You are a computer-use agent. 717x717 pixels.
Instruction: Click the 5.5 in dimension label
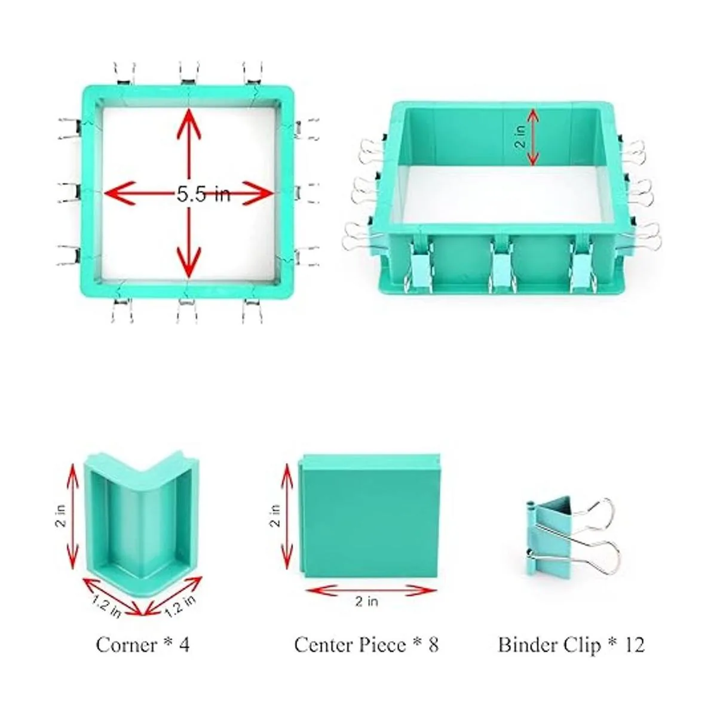203,194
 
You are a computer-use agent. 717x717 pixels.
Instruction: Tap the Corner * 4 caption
143,645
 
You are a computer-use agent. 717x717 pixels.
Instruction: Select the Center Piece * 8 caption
366,645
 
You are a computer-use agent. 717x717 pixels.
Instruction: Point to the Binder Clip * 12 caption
571,645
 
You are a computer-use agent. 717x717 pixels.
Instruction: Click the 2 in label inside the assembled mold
521,137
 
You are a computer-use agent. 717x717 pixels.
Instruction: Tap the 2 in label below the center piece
367,601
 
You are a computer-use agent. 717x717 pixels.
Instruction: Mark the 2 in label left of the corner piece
61,515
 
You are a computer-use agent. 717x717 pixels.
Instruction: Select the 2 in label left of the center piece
275,515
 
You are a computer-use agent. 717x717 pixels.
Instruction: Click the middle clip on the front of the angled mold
501,268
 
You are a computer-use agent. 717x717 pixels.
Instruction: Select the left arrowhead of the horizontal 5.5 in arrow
118,193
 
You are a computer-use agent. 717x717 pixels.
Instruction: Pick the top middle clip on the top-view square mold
189,74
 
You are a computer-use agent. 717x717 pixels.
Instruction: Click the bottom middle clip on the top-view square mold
188,310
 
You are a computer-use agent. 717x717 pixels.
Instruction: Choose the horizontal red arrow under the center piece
370,589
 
